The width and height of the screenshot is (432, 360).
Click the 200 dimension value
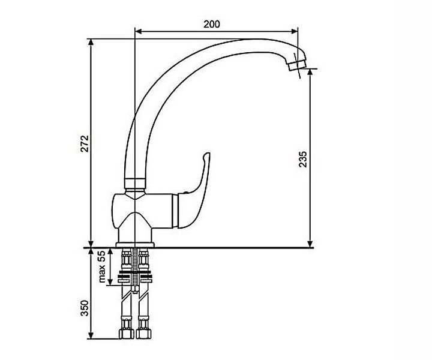pyautogui.click(x=212, y=24)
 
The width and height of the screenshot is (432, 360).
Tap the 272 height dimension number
pyautogui.click(x=85, y=143)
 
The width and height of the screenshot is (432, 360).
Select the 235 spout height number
pyautogui.click(x=303, y=159)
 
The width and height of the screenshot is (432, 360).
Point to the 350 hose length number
pyautogui.click(x=85, y=308)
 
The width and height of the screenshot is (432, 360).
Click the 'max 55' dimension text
pyautogui.click(x=101, y=266)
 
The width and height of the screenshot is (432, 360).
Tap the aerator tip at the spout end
pyautogui.click(x=297, y=65)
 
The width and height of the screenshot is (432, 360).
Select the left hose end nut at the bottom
pyautogui.click(x=127, y=334)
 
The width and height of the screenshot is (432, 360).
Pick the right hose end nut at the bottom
pyautogui.click(x=143, y=334)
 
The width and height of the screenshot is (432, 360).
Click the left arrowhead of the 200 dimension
pyautogui.click(x=139, y=31)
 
